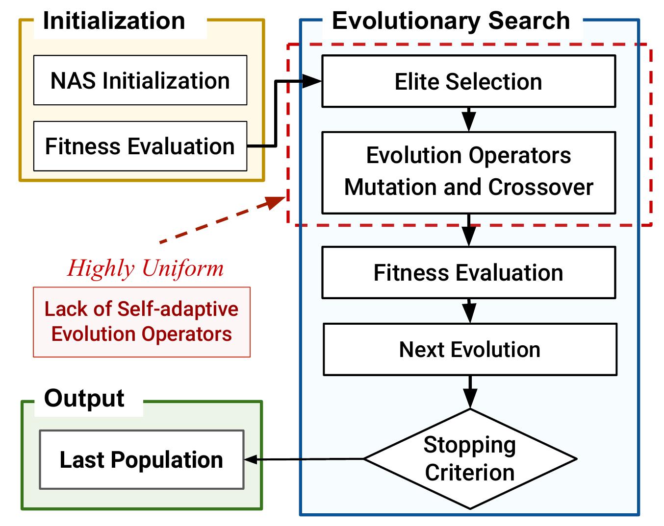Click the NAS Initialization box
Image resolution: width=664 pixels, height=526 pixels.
coord(140,80)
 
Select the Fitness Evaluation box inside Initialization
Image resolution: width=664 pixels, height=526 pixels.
coord(140,146)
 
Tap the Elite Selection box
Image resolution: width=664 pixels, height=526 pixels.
coord(468,81)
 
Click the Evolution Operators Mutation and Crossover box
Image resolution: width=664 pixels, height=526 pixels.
coord(468,172)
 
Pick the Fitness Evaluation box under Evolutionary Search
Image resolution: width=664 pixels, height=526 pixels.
coord(468,273)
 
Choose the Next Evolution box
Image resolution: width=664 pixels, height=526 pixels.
coord(469,350)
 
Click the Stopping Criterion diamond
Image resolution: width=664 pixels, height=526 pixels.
coord(470,459)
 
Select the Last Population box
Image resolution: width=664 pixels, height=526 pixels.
coord(141,460)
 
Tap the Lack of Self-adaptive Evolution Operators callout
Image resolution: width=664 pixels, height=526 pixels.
coord(141,322)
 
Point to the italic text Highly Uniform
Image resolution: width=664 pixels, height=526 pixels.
coord(145,268)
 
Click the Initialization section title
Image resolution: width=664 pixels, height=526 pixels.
coord(114,22)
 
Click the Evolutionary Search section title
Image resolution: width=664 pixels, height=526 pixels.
coord(451,22)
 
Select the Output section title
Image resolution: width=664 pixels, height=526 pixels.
coord(84,399)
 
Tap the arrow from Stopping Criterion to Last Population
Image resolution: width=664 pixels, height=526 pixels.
coord(304,459)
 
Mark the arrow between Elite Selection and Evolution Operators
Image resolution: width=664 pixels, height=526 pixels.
coord(469,120)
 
